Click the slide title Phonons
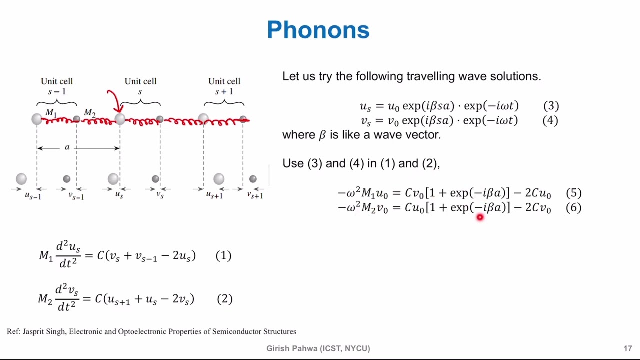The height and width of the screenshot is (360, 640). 318,30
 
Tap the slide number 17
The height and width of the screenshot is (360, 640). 628,348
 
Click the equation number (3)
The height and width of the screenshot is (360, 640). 551,106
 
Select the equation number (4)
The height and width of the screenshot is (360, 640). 550,120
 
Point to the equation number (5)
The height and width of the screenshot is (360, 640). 573,193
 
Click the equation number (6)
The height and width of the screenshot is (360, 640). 573,207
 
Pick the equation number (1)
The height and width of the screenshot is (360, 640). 223,256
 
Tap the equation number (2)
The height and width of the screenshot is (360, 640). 224,299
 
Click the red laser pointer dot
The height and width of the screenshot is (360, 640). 480,217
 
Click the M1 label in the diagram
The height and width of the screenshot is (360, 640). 51,113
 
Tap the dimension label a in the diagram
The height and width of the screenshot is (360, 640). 67,147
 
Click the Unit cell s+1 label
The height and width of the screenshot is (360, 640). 224,86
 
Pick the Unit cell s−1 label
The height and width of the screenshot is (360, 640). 57,86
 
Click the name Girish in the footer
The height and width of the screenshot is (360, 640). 279,348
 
